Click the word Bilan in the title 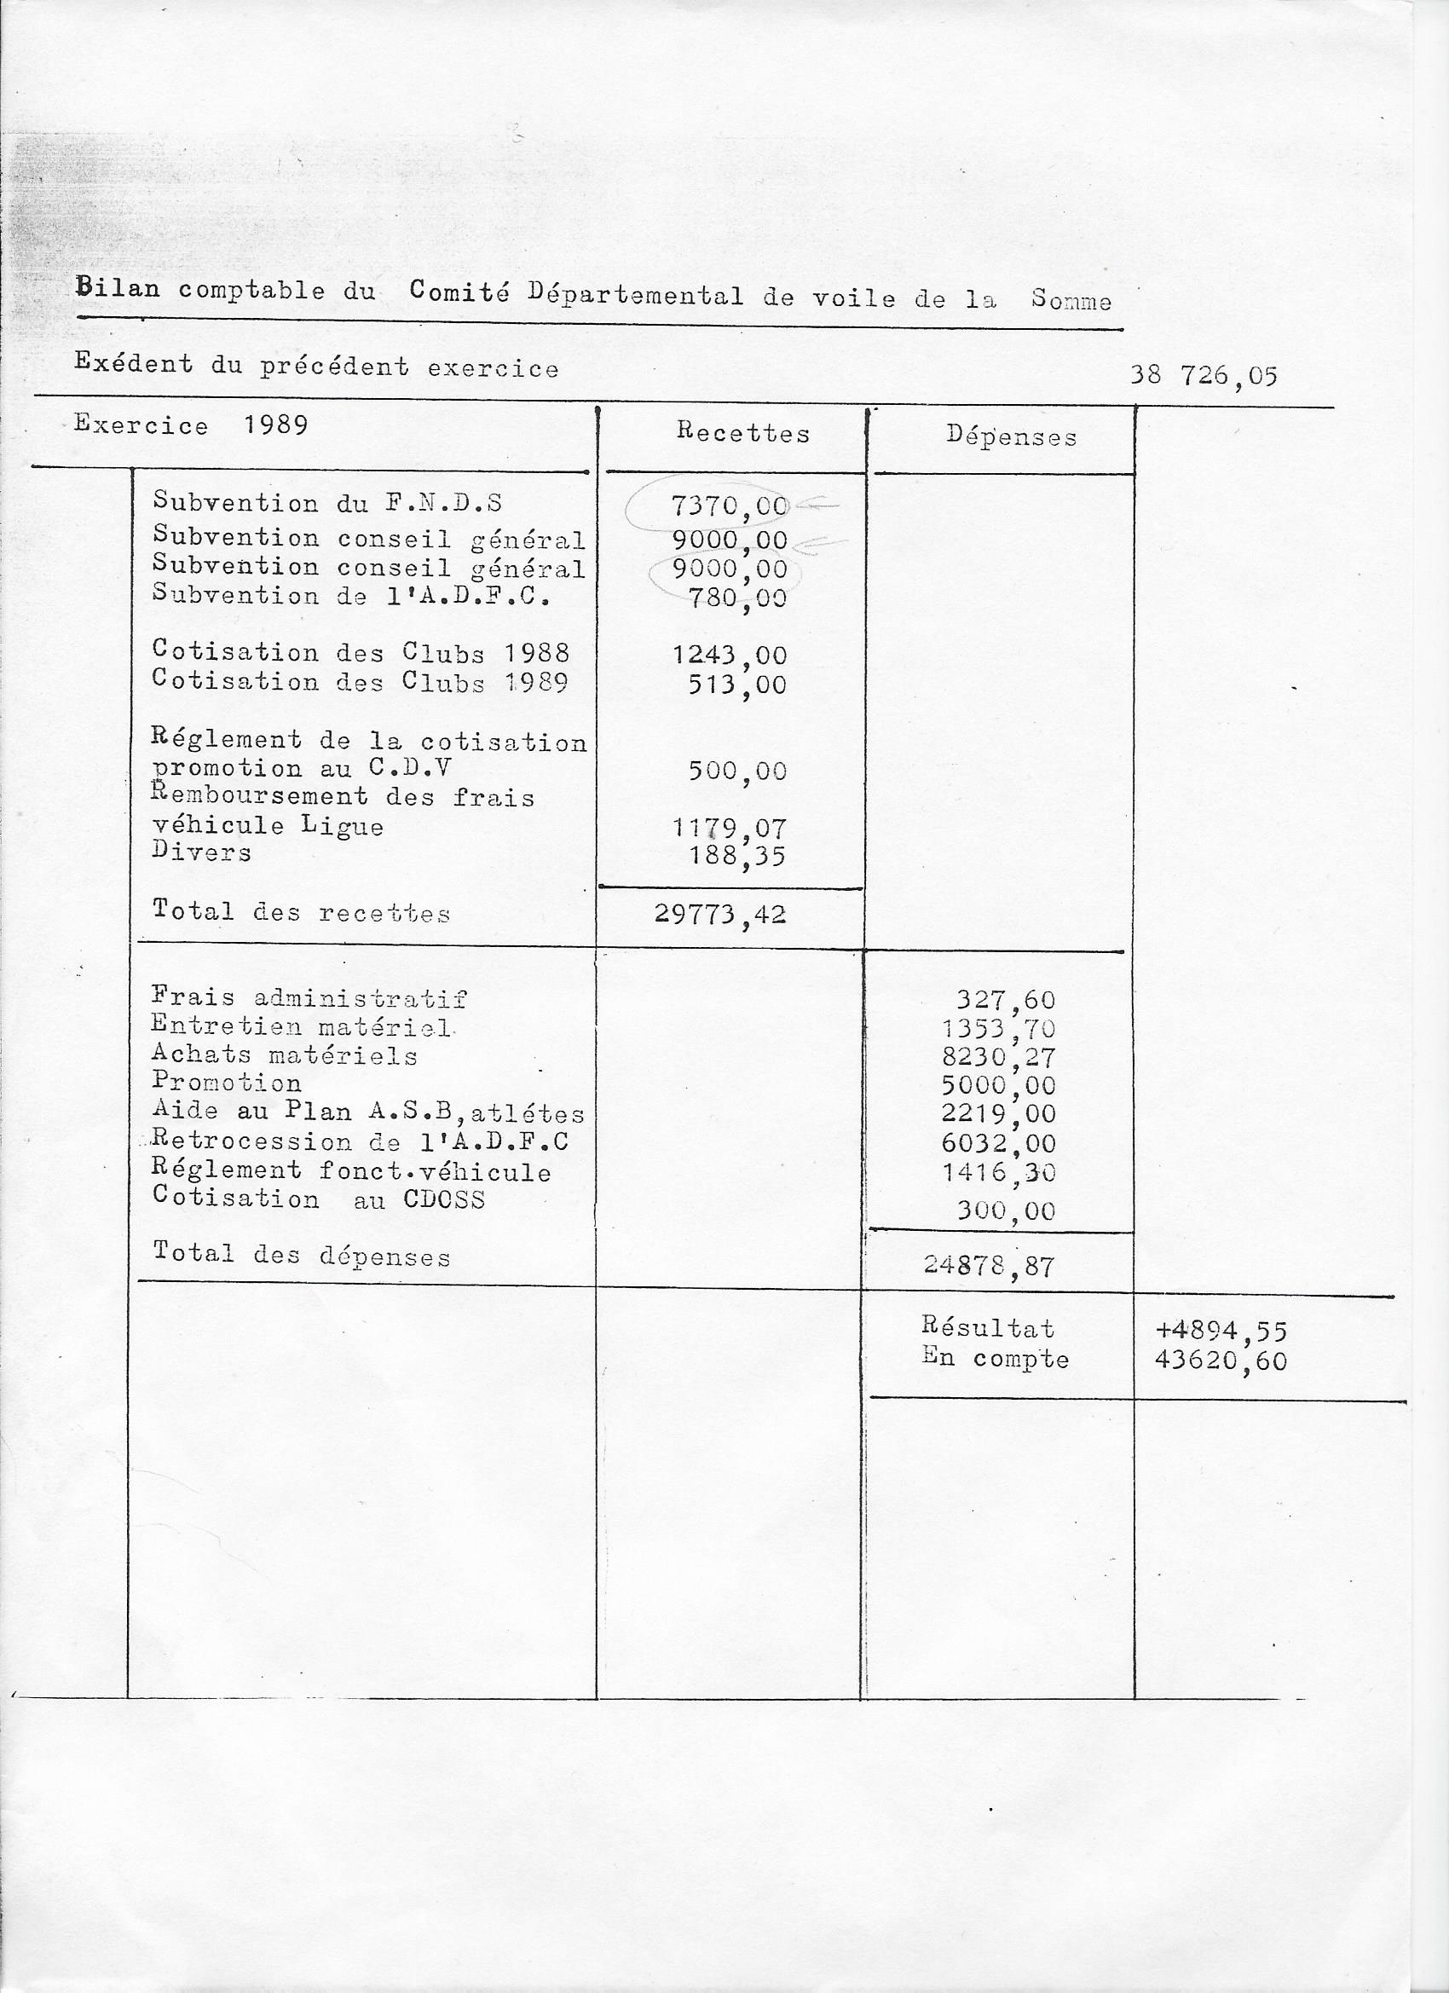click(x=118, y=287)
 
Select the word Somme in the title click(x=1071, y=301)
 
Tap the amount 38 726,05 click(x=1203, y=376)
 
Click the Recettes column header click(x=742, y=432)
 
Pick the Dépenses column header click(x=1012, y=436)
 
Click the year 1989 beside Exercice click(x=276, y=425)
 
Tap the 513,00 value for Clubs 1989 click(x=736, y=685)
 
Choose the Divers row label click(x=201, y=852)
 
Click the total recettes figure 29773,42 click(x=719, y=915)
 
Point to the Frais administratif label click(x=309, y=997)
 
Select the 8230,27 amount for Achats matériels click(x=997, y=1057)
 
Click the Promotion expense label click(x=226, y=1083)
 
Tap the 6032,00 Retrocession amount click(x=997, y=1143)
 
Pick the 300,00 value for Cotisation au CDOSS click(x=1005, y=1211)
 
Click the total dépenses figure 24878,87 click(x=989, y=1265)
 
